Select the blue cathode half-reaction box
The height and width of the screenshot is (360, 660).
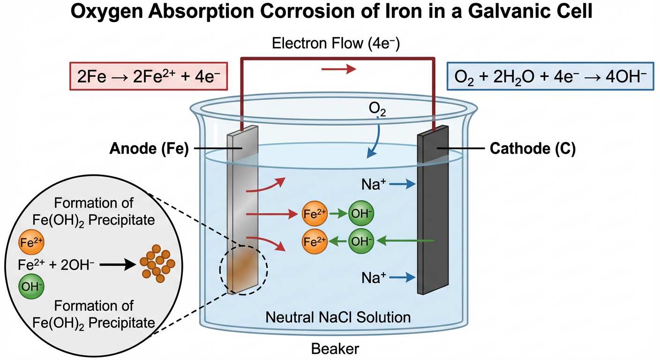550,76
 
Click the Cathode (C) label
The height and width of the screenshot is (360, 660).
532,149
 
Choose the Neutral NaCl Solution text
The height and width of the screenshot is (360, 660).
338,317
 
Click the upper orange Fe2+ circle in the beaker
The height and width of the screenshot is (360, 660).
315,215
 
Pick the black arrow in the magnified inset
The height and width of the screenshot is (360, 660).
117,265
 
